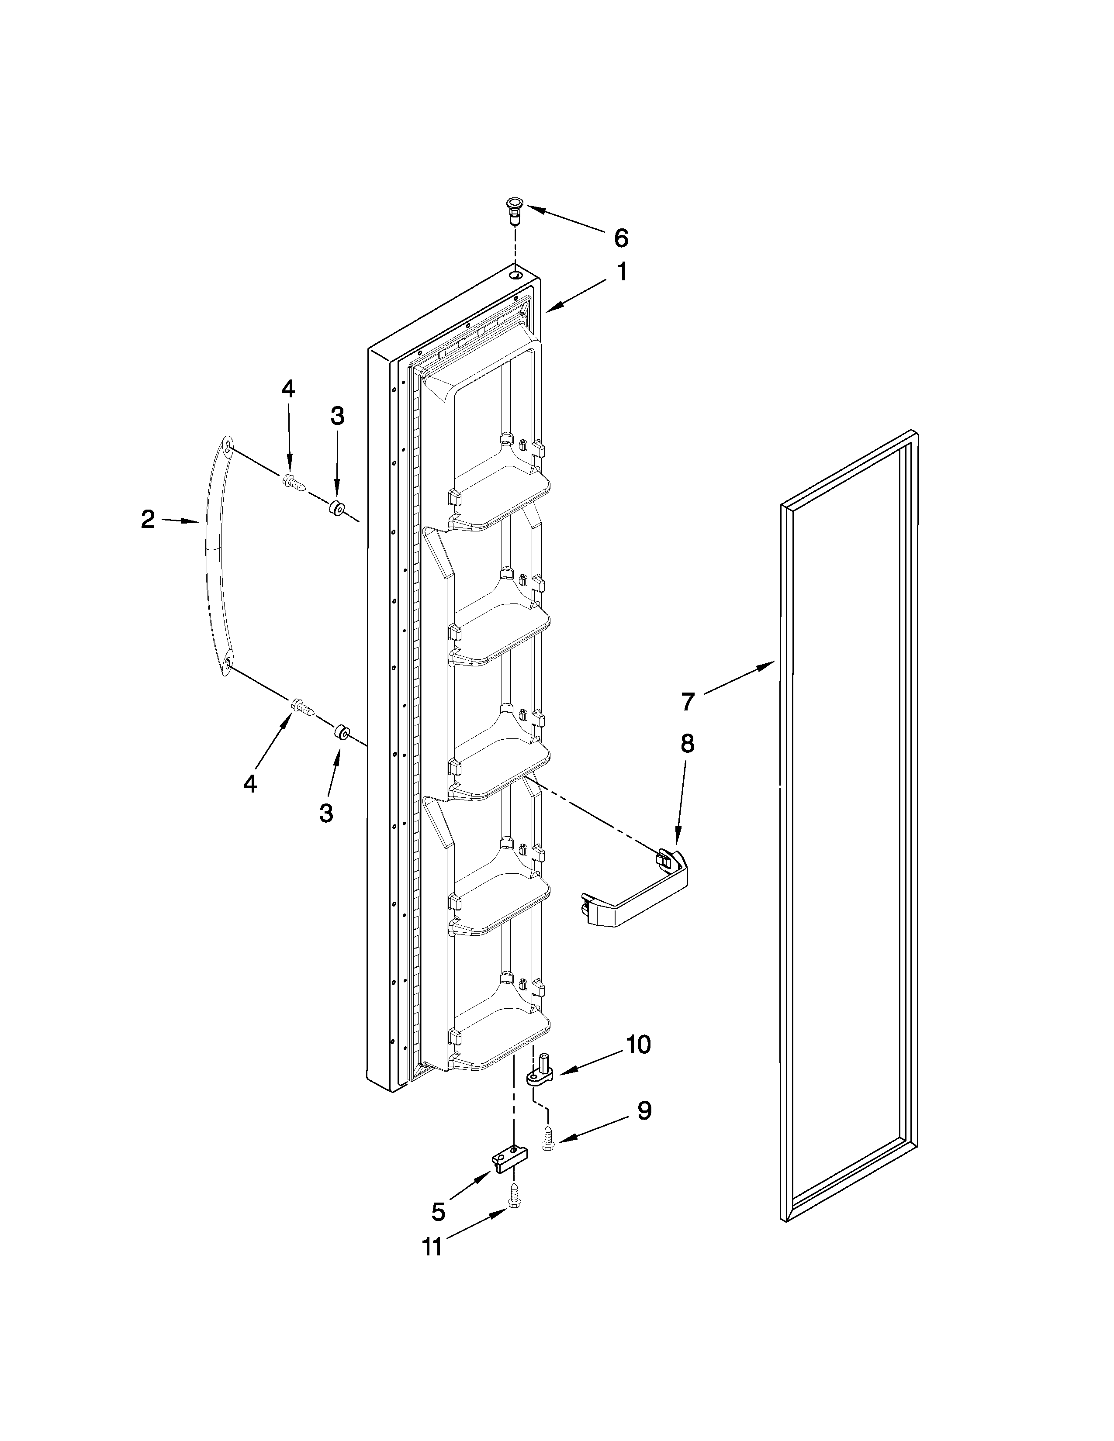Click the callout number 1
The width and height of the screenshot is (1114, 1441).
pos(621,272)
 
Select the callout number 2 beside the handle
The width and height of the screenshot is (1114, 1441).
pos(148,520)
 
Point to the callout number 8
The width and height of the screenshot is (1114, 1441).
pos(687,744)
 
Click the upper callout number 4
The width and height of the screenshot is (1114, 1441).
pos(288,389)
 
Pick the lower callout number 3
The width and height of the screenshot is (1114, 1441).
pos(326,814)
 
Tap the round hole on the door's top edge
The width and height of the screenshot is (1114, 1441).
pos(515,272)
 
